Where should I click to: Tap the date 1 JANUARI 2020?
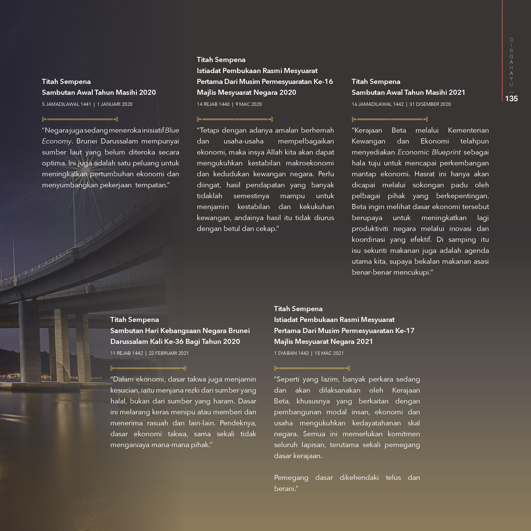tap(115, 104)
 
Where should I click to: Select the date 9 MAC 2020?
tap(249, 104)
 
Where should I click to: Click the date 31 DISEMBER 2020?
tap(430, 104)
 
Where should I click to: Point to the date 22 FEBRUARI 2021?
tap(169, 353)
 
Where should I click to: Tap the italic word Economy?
tap(57, 141)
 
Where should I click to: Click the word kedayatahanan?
tap(376, 423)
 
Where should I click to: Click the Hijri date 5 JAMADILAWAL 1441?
tap(66, 104)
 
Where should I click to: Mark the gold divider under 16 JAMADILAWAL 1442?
tap(390, 119)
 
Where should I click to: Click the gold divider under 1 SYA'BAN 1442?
tap(312, 368)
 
